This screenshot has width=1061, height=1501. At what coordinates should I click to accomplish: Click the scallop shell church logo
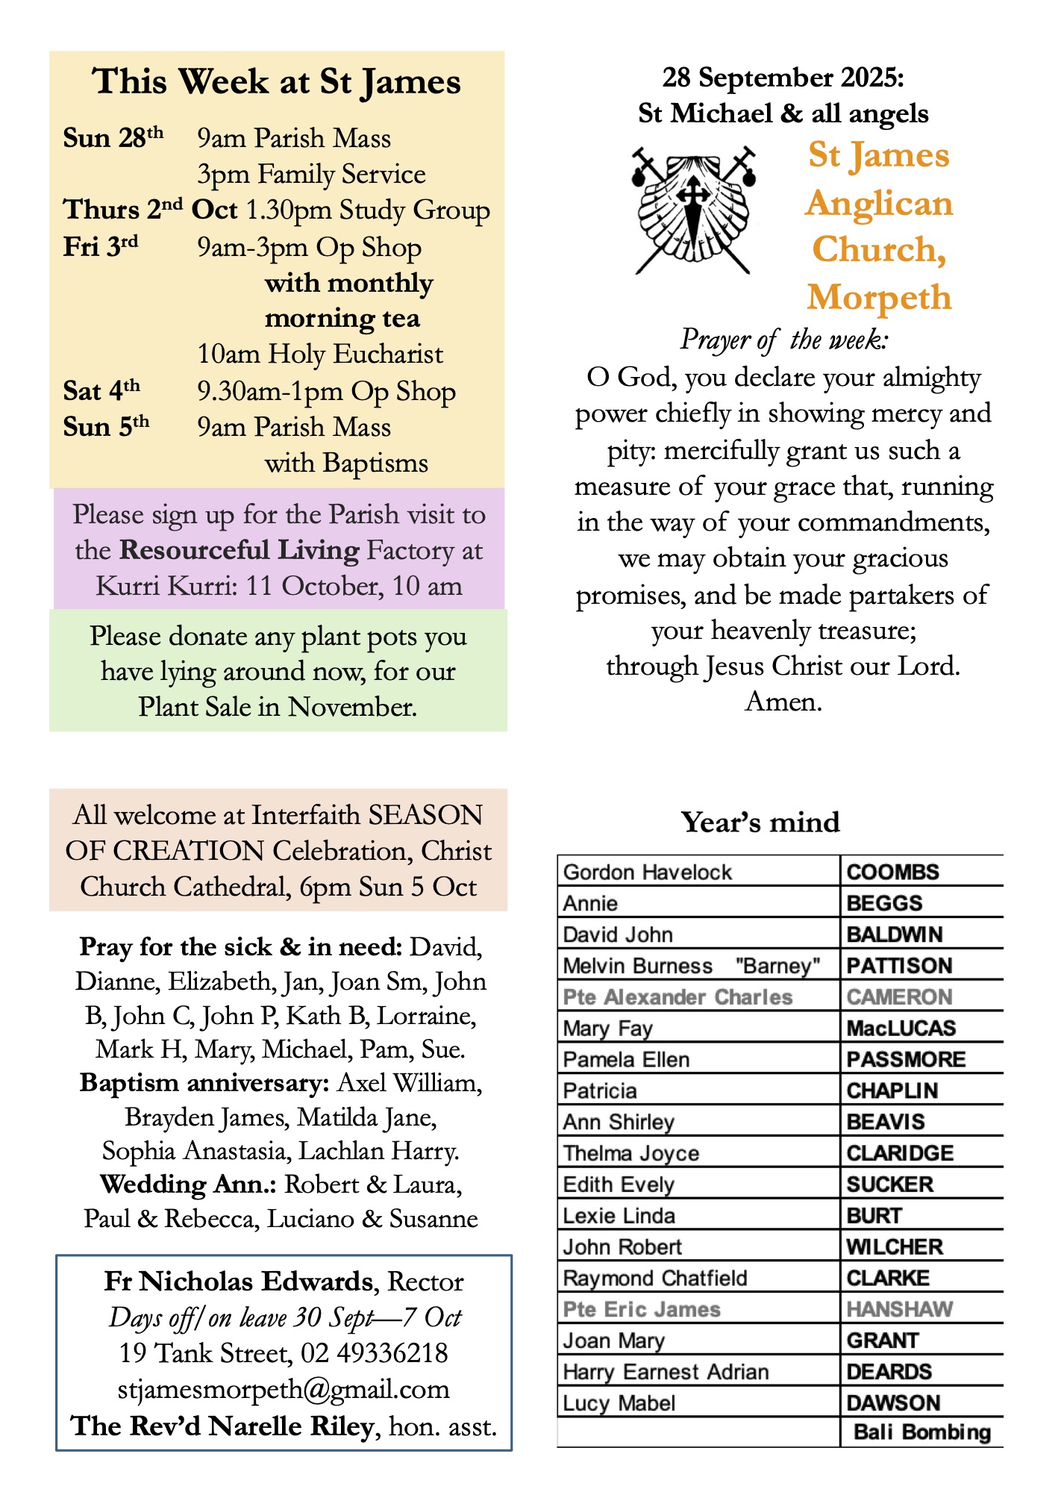tap(694, 210)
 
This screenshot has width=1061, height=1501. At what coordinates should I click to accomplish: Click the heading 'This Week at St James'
tap(277, 81)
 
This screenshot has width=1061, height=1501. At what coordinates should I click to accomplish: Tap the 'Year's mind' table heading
tap(760, 823)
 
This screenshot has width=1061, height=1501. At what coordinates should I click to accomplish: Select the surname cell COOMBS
tap(892, 872)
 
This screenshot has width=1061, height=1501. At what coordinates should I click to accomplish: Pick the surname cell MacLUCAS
tap(901, 1029)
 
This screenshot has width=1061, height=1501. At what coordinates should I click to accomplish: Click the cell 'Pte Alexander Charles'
tap(677, 997)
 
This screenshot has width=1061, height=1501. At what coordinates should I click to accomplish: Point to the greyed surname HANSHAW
tap(899, 1309)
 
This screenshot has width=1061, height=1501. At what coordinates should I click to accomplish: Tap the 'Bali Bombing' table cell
tap(921, 1432)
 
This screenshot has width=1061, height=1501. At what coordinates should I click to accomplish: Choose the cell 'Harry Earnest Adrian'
tap(666, 1372)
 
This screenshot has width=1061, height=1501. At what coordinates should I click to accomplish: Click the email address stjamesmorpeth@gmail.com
tap(284, 1390)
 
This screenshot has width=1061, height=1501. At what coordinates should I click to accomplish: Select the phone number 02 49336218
tap(374, 1353)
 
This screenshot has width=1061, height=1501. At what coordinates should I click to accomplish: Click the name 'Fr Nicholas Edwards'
tap(239, 1282)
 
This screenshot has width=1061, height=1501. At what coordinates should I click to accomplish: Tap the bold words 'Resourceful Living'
tap(240, 551)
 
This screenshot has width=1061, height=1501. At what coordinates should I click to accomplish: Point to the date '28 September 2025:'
tap(783, 77)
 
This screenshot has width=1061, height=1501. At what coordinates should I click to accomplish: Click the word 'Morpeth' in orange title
tap(879, 297)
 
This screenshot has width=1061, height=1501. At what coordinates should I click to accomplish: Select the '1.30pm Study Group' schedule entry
tap(367, 210)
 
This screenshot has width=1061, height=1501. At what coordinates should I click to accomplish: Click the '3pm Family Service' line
tap(311, 175)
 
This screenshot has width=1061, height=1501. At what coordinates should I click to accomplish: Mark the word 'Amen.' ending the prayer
tap(783, 702)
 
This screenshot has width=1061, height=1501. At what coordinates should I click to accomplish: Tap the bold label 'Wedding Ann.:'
tap(189, 1185)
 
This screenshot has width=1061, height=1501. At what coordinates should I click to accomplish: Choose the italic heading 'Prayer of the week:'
tap(783, 340)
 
